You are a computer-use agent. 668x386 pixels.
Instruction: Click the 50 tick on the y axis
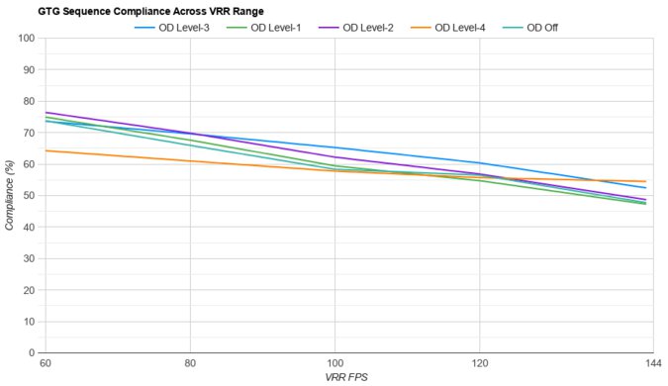(29, 196)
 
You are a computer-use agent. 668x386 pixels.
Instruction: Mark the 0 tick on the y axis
(32, 352)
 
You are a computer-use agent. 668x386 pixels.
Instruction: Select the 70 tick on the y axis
(29, 133)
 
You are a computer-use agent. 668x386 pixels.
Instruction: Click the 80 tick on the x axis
(190, 364)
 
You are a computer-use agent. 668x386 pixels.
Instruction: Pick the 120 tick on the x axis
(480, 364)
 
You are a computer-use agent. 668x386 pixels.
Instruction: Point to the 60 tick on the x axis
(46, 364)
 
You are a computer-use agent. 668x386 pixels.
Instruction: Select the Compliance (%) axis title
(10, 195)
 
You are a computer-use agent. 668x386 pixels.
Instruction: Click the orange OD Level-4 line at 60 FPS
(46, 150)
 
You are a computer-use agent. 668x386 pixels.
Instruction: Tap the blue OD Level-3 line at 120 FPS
(480, 163)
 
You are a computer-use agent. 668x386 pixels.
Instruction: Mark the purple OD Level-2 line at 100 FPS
(334, 156)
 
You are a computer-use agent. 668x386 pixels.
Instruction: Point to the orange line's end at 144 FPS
(645, 181)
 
